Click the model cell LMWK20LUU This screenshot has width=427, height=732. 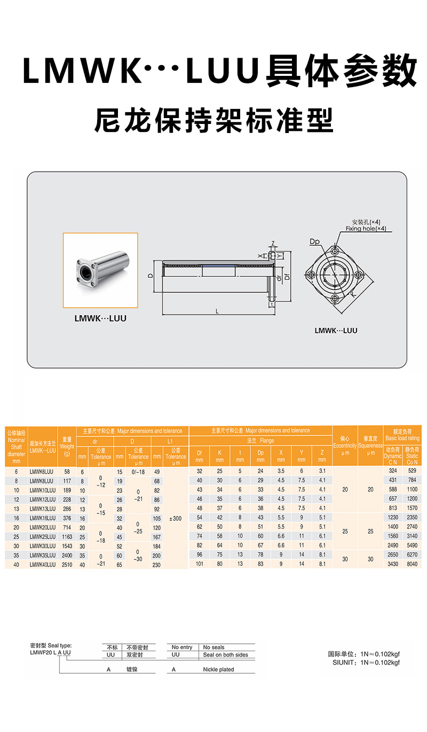pyautogui.click(x=43, y=527)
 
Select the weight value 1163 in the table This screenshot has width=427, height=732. pyautogui.click(x=67, y=536)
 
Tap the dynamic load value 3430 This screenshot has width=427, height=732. pyautogui.click(x=393, y=564)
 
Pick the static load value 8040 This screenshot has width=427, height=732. pyautogui.click(x=412, y=564)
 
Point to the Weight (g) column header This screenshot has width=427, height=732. pyautogui.click(x=67, y=446)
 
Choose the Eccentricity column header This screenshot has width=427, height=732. pyautogui.click(x=345, y=446)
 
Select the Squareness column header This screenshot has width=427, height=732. pyautogui.click(x=370, y=446)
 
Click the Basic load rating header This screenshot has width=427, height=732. pyautogui.click(x=402, y=434)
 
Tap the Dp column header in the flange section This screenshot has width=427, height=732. pyautogui.click(x=260, y=456)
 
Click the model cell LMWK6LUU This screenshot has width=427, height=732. pyautogui.click(x=42, y=472)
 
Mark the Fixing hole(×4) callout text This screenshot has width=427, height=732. pyautogui.click(x=366, y=229)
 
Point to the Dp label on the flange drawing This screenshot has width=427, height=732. pyautogui.click(x=314, y=242)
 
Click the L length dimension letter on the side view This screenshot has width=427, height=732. pyautogui.click(x=217, y=310)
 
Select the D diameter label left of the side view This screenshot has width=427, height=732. pyautogui.click(x=151, y=276)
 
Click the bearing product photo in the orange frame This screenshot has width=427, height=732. pyautogui.click(x=100, y=270)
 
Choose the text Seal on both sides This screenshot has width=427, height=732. pyautogui.click(x=225, y=655)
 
